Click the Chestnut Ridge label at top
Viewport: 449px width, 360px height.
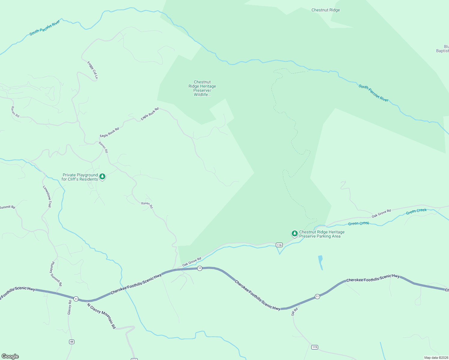click(x=326, y=10)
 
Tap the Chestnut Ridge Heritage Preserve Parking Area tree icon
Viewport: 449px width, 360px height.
click(x=294, y=233)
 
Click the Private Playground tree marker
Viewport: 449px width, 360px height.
click(x=102, y=176)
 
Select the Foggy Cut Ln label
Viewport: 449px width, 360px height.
click(x=93, y=70)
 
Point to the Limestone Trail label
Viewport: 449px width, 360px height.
click(x=47, y=196)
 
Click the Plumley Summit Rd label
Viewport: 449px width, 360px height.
click(x=56, y=274)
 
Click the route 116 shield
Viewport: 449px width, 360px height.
click(x=279, y=245)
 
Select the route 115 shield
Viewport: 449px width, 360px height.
click(x=315, y=347)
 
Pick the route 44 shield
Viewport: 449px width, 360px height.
click(x=71, y=342)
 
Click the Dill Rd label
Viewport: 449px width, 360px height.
click(x=294, y=311)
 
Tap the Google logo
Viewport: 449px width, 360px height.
click(x=10, y=356)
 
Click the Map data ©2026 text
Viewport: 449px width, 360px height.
click(x=435, y=358)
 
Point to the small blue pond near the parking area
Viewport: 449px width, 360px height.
click(x=321, y=262)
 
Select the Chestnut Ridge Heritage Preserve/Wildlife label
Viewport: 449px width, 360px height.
click(x=202, y=88)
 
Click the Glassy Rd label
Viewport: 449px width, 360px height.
click(x=69, y=307)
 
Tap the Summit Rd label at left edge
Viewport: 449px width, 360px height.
click(x=7, y=207)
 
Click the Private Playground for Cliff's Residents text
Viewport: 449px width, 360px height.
click(x=80, y=177)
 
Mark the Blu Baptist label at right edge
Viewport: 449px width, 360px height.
click(x=443, y=49)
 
